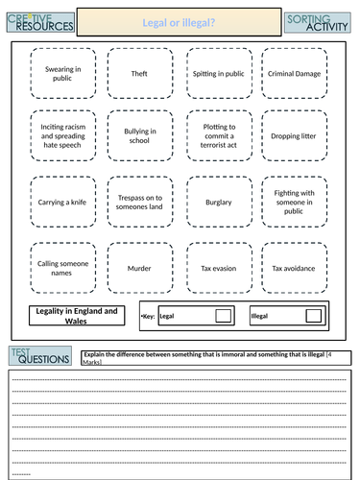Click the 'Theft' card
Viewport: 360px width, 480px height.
(139, 73)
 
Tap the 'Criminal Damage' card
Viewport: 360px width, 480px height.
(295, 73)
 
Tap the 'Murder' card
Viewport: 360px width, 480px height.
(139, 268)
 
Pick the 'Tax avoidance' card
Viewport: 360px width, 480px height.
(295, 268)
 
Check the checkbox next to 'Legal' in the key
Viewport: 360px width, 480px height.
(223, 315)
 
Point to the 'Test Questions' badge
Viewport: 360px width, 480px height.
(39, 357)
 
